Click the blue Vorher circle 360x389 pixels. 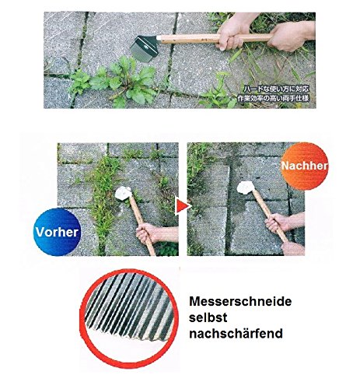click(x=53, y=231)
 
